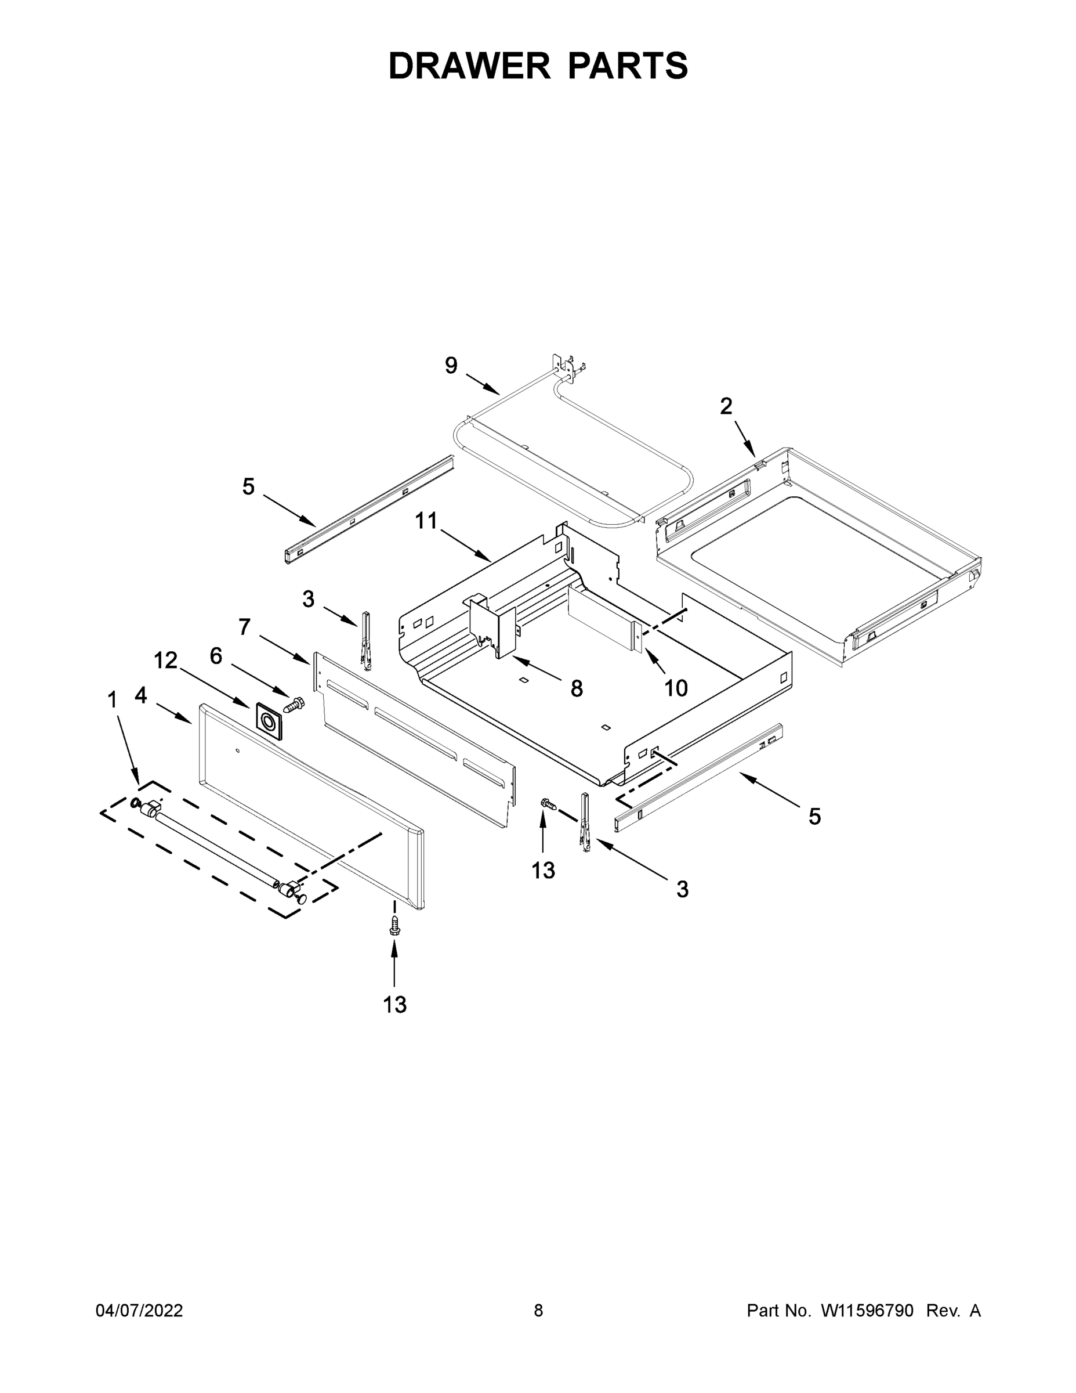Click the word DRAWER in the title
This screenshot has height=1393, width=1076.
(x=469, y=66)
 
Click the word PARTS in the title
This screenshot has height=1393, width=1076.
(x=627, y=66)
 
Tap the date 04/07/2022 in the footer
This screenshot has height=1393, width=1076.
(x=139, y=1310)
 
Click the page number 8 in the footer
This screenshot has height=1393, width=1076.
(x=538, y=1310)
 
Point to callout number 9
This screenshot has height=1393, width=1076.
(x=451, y=366)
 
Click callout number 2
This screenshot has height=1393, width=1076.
(x=726, y=406)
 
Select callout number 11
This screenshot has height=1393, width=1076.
(x=426, y=521)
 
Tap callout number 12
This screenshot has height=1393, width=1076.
(x=166, y=661)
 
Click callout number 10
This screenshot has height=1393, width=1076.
(x=676, y=688)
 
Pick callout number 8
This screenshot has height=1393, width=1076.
(x=576, y=688)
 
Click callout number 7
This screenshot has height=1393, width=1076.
(x=245, y=627)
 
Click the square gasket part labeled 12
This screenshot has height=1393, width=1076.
(x=269, y=721)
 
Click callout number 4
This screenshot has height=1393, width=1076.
(x=140, y=695)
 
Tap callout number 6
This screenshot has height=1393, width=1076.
(x=216, y=656)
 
